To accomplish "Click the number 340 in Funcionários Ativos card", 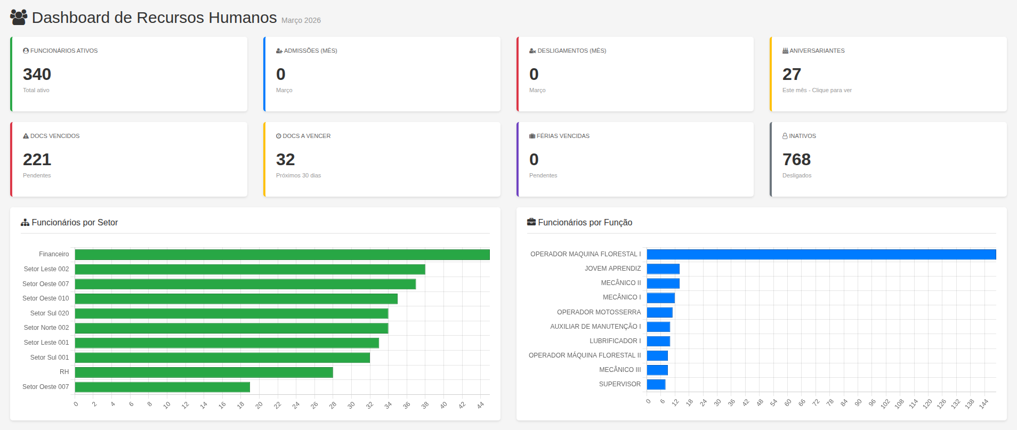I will (37, 74).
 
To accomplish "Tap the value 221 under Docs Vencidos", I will (37, 159).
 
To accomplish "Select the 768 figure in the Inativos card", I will (796, 159).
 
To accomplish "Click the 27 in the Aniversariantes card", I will (792, 74).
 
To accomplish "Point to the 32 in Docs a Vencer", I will (285, 159).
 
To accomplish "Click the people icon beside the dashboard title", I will (19, 17).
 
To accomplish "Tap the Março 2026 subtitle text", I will (301, 20).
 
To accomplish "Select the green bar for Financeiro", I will (282, 255).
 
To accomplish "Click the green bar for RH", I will (204, 372).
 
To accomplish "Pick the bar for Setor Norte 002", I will (231, 328).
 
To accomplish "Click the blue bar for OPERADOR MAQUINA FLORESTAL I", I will (821, 254).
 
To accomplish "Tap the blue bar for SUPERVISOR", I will (656, 384).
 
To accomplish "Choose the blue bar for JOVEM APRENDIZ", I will (663, 269).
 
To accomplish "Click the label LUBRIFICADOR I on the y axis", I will (615, 341).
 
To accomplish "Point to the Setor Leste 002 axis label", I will (46, 269).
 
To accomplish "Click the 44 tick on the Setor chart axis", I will (481, 405).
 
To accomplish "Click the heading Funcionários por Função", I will (585, 222).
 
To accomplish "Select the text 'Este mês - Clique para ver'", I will (817, 90).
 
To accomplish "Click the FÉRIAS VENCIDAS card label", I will (562, 136).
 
